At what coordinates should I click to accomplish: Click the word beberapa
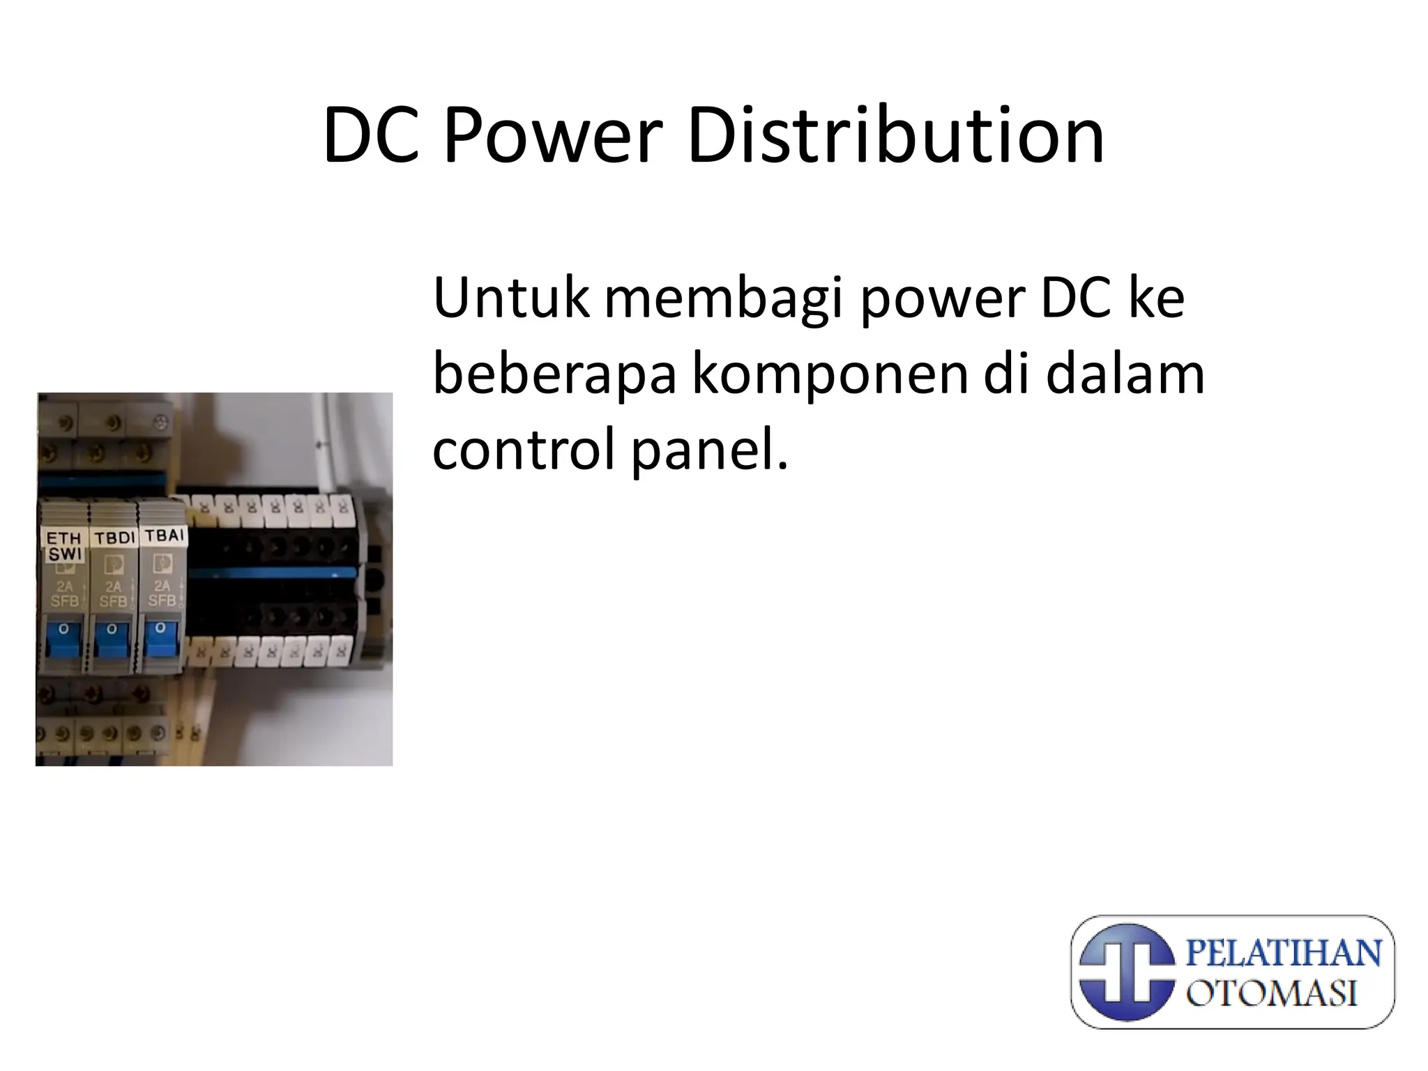(x=554, y=374)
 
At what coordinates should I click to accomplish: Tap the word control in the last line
(x=525, y=450)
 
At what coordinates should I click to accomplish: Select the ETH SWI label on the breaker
(x=64, y=546)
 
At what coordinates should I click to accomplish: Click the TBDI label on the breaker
(x=114, y=538)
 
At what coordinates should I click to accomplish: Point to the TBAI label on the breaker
(x=164, y=535)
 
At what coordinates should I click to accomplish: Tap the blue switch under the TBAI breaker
(x=162, y=639)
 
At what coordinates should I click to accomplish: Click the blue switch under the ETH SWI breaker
(x=64, y=640)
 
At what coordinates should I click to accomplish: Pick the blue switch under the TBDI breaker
(x=112, y=640)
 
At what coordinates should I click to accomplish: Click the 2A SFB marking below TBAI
(x=162, y=593)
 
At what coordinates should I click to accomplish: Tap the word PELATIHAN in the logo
(x=1284, y=953)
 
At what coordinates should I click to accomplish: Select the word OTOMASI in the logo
(x=1272, y=993)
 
